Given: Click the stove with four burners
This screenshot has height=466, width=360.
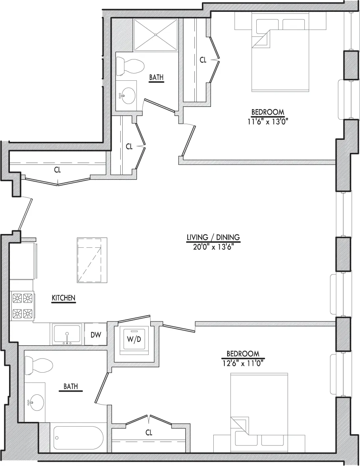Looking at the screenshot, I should coord(22,305).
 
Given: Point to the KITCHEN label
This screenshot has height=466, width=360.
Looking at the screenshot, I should coord(63,298).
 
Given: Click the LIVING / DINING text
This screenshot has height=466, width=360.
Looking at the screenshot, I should coord(213,237).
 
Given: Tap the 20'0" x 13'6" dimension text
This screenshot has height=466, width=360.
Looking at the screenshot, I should coord(213,247).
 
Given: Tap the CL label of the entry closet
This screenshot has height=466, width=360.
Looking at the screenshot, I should coord(58,170).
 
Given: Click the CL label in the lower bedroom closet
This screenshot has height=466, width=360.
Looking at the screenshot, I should coord(149,433).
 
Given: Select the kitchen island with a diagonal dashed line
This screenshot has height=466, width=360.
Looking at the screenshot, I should coord(92,260).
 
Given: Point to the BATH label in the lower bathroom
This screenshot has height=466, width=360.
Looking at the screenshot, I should coord(71,387).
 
